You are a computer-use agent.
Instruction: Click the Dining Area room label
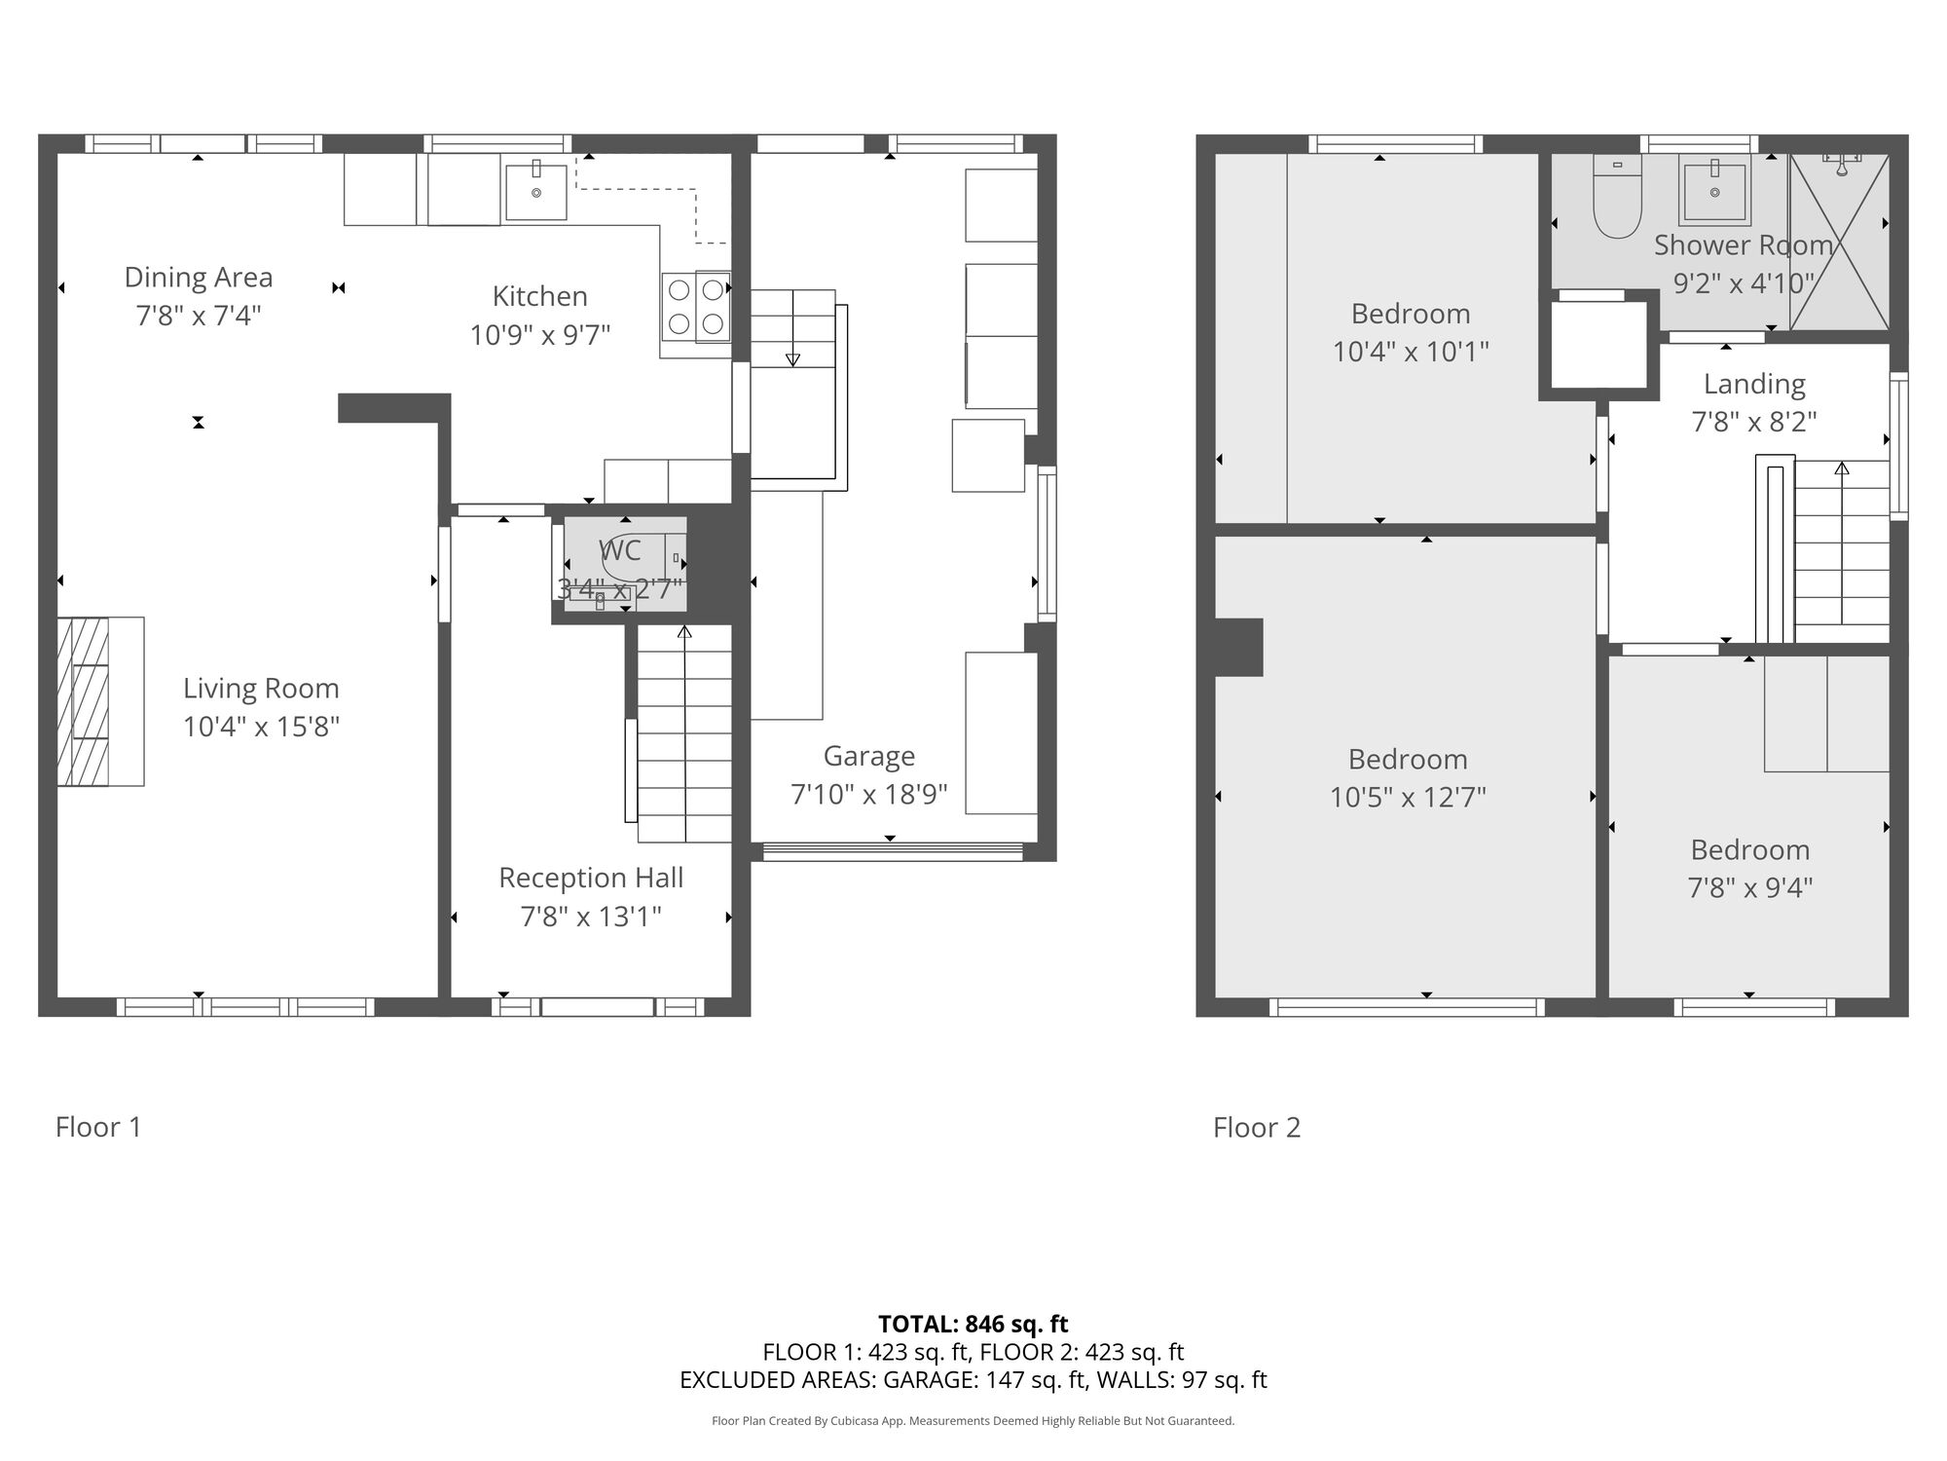click(199, 278)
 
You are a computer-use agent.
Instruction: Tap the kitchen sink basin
click(535, 192)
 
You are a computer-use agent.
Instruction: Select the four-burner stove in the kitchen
click(696, 307)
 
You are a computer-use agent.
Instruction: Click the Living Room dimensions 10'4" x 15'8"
click(261, 727)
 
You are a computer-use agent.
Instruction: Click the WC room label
click(620, 550)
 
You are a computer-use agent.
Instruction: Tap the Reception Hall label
click(591, 878)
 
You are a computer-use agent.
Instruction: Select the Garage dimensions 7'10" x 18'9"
click(869, 795)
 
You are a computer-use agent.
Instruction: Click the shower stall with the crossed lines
click(1840, 242)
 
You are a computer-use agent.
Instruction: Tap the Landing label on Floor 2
click(1754, 384)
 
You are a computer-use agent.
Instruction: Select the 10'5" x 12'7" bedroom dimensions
click(1408, 798)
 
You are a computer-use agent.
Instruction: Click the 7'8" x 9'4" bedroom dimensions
click(1750, 888)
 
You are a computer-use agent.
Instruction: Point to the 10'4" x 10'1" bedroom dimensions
click(1411, 351)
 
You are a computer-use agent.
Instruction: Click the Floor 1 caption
click(98, 1127)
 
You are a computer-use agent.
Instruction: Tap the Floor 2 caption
click(1257, 1127)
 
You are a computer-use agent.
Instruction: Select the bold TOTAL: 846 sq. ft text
click(973, 1324)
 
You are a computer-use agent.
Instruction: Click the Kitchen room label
click(540, 296)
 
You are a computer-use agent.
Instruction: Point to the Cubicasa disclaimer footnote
click(973, 1421)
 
